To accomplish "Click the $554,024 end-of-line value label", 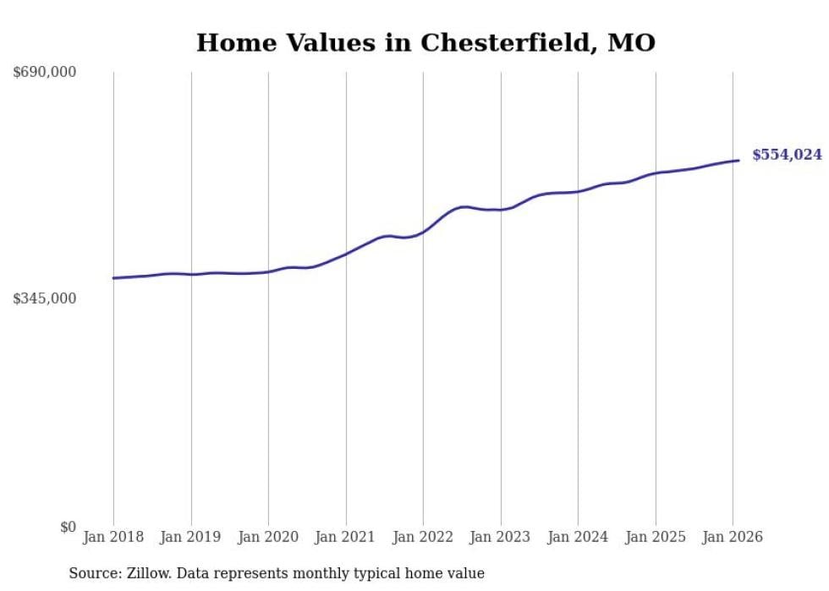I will pos(786,155).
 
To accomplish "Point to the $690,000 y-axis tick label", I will pos(45,73).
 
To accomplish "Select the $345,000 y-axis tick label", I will pos(45,298).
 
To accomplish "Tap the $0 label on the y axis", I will pos(68,527).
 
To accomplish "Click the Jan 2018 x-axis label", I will pos(113,537).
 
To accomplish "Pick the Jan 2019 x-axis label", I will pos(191,537).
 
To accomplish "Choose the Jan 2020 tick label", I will pos(268,537).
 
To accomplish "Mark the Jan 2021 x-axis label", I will pos(346,537).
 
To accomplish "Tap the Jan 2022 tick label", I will pos(423,537).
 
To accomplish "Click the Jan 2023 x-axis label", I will pos(501,537).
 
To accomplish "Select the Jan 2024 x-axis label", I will pos(578,537).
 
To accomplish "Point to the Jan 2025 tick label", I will pos(656,537).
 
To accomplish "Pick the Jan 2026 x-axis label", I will pos(733,537).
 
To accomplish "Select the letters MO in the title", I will pos(632,43).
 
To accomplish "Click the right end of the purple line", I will pos(738,161).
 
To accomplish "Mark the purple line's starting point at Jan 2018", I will pos(113,278).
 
